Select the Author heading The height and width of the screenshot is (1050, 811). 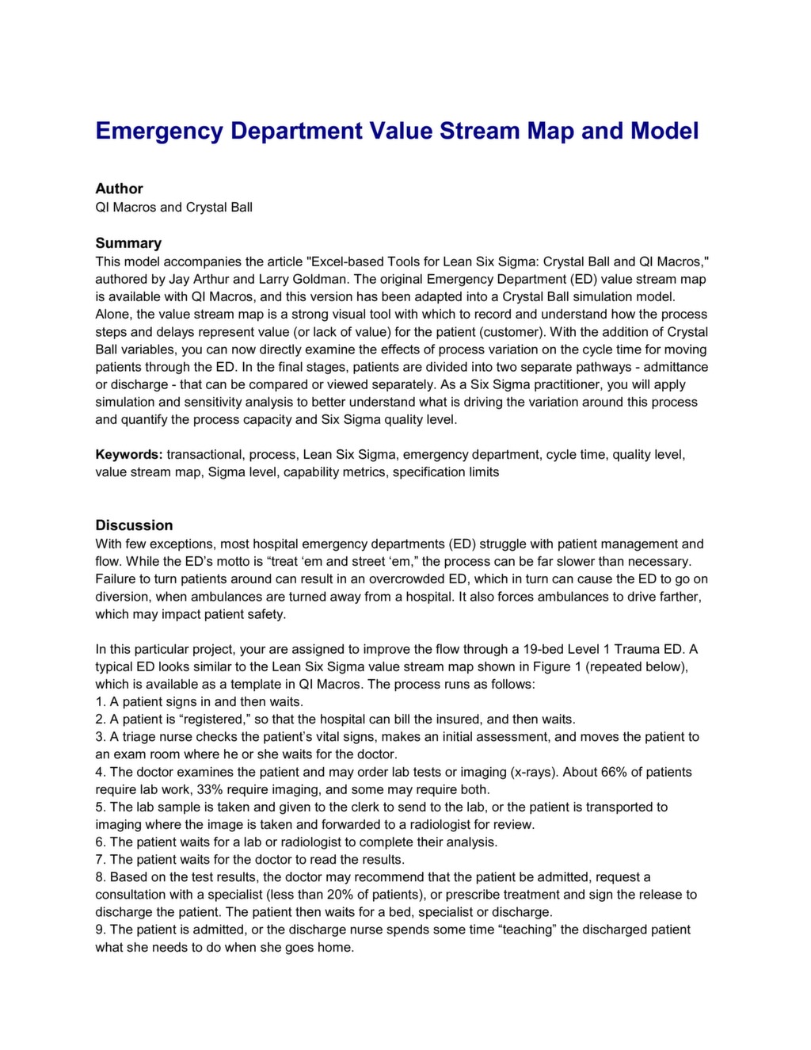(x=119, y=189)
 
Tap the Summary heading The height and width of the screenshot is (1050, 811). (x=128, y=243)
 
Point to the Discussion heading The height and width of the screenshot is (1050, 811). (x=134, y=525)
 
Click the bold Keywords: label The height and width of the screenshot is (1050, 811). (x=129, y=455)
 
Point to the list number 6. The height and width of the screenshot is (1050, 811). (x=100, y=842)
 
